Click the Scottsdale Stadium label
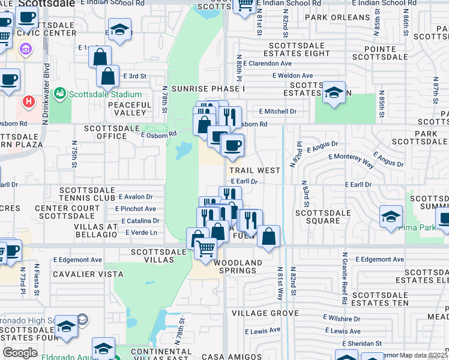pos(106,94)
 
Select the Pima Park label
pos(423,228)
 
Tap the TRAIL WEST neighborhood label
pos(255,170)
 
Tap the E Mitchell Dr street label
pos(278,111)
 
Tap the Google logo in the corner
pos(20,352)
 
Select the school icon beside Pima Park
pos(391,217)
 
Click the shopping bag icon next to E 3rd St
pos(107,77)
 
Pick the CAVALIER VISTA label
pos(88,274)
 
